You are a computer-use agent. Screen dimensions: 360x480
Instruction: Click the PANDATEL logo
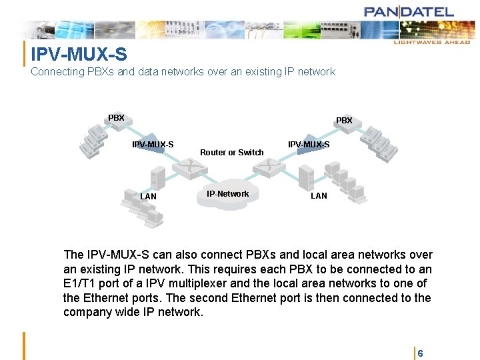click(409, 11)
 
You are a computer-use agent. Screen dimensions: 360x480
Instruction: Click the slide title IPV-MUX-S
click(79, 53)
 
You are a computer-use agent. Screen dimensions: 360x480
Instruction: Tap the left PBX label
click(116, 118)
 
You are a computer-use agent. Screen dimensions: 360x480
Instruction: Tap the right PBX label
click(344, 121)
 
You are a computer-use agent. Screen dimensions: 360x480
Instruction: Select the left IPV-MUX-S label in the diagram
click(153, 145)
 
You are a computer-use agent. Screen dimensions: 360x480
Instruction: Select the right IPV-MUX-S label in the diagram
click(308, 145)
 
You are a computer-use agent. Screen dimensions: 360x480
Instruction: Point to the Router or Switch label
click(231, 153)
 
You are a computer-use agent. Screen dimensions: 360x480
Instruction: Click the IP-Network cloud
click(227, 196)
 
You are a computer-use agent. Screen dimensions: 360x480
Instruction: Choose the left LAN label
click(148, 197)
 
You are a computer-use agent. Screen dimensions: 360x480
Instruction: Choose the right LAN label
click(319, 196)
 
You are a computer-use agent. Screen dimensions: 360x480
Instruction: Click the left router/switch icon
click(191, 168)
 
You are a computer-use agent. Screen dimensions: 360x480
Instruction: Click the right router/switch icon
click(271, 167)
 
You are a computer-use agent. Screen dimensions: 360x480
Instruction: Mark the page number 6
click(420, 353)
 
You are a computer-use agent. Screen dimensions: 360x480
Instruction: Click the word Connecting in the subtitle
click(57, 71)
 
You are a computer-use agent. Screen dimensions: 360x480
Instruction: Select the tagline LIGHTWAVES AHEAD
click(431, 42)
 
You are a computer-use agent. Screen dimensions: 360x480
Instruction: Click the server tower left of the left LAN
click(158, 179)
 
